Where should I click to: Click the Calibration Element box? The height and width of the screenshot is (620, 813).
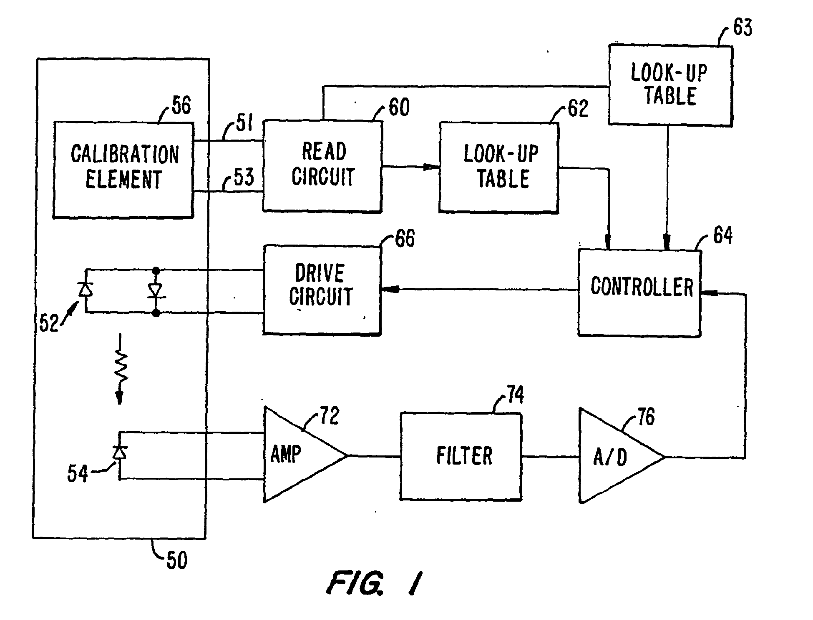point(123,170)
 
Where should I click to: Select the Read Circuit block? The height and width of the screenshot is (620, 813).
point(322,166)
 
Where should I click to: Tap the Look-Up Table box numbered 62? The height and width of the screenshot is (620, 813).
point(499,167)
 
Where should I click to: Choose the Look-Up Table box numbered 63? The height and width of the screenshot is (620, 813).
point(670,85)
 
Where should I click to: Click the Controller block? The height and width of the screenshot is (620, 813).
point(639,292)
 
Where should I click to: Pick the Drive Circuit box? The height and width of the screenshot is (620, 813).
point(322,290)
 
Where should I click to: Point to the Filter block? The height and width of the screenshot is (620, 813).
point(461,456)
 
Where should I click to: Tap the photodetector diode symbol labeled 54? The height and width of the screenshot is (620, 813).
point(120,452)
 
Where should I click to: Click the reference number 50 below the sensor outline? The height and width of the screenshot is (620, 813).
point(177,560)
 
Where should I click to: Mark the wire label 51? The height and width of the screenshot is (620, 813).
point(244,124)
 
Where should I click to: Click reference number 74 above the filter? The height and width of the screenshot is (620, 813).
point(515,395)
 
